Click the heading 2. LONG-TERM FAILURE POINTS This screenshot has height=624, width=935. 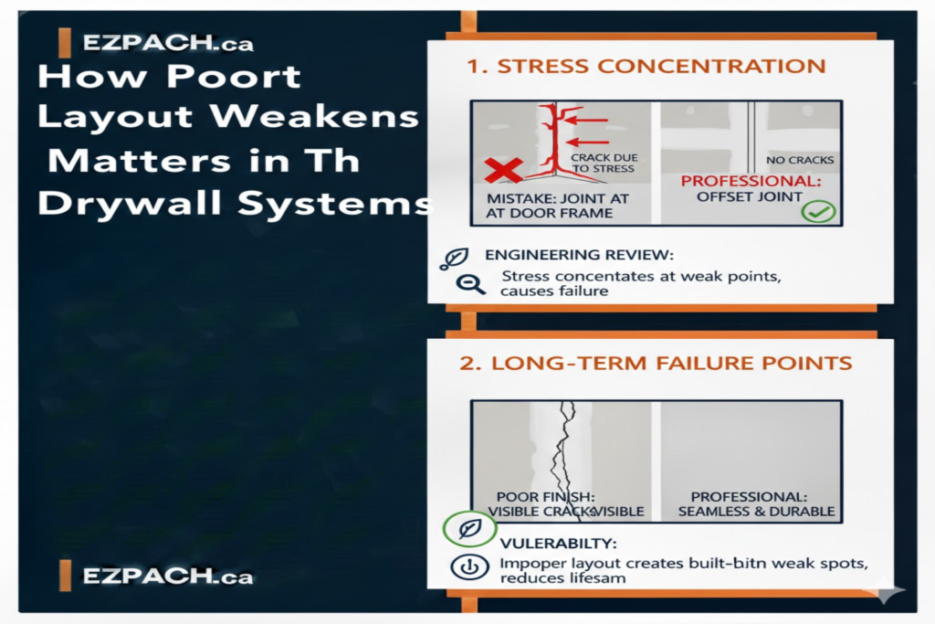point(656,363)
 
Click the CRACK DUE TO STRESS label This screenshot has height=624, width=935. point(604,164)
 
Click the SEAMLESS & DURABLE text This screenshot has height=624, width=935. point(756,512)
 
